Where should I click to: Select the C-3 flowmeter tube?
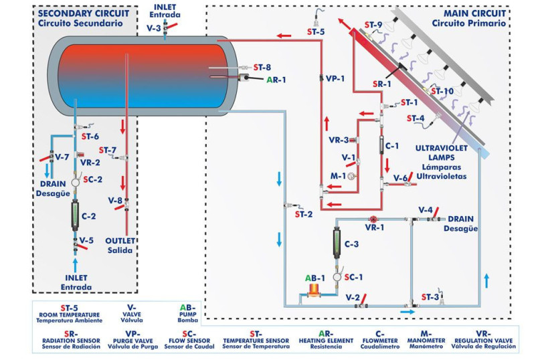[337, 240]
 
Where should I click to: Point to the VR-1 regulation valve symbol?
[373, 219]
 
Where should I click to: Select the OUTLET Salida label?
[120, 245]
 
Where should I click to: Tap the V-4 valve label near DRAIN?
[425, 210]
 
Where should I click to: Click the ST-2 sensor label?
[304, 214]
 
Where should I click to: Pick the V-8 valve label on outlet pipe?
[115, 200]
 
